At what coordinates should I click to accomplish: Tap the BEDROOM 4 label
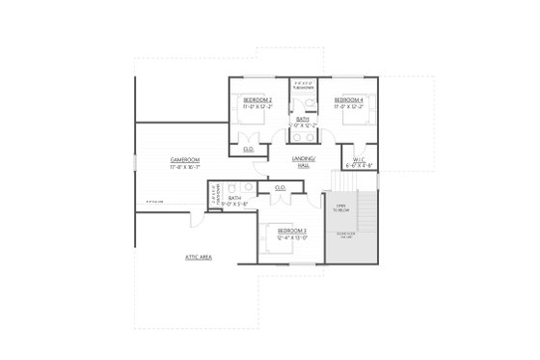coord(348,99)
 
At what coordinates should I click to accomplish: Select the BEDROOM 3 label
coord(291,231)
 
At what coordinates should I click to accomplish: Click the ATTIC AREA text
coord(199,258)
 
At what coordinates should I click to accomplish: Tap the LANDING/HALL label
coord(303,162)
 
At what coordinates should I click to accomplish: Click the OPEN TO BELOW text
coord(340,210)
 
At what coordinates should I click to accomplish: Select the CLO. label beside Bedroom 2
coord(248,150)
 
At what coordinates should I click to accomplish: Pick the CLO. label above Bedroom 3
coord(280,187)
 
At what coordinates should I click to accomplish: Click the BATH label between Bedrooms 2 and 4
coord(303,119)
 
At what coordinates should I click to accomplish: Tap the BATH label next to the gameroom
coord(234,198)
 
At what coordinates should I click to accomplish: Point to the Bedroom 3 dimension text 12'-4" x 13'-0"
coord(291,237)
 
